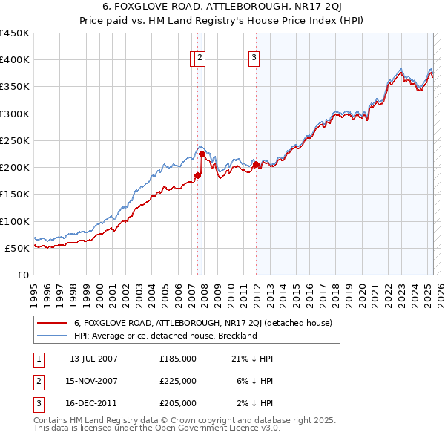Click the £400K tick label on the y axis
pos(15,60)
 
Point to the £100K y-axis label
pos(15,221)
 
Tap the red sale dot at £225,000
pos(202,154)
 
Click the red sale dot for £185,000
pos(197,175)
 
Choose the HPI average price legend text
pos(165,336)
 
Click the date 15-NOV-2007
pos(93,381)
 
